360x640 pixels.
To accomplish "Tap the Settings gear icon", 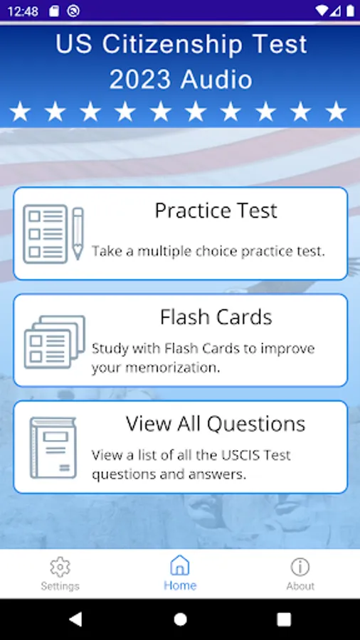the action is [x=60, y=567].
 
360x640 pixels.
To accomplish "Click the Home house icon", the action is [x=180, y=565].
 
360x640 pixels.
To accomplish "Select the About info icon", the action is [x=300, y=567].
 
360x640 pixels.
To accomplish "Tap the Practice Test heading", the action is [x=216, y=210].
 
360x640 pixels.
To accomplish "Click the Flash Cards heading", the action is [x=216, y=317].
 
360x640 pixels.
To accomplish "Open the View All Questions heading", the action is [x=216, y=424].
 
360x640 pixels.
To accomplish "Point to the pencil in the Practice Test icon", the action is [x=78, y=233].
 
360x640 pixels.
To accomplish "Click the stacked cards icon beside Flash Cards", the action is [x=55, y=342].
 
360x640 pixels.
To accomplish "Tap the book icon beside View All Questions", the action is [x=53, y=447].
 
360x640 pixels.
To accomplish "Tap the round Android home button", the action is [x=180, y=619].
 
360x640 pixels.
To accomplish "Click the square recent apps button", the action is [x=284, y=619].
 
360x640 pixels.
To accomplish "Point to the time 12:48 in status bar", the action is [x=23, y=11].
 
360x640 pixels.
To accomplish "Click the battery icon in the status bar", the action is [x=350, y=11].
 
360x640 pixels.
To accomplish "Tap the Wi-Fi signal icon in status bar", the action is [x=322, y=11].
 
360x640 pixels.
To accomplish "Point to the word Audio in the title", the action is [x=217, y=80].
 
